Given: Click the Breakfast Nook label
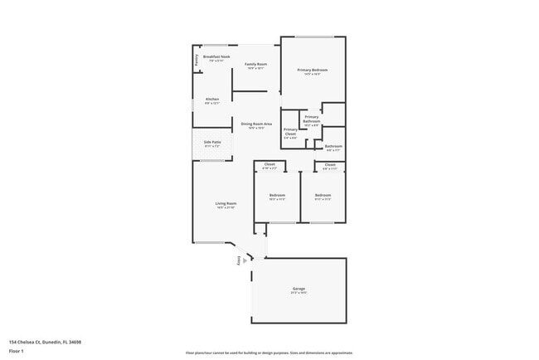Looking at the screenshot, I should click(x=216, y=56).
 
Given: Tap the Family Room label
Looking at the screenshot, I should click(x=255, y=64).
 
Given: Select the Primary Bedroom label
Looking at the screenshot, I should click(x=313, y=70).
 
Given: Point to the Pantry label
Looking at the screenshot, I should click(x=197, y=60).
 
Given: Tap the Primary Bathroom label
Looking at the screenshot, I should click(x=311, y=119).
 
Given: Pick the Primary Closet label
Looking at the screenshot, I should click(x=290, y=131).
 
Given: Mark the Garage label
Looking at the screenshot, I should click(x=299, y=289).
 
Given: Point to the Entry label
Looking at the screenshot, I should click(x=240, y=260).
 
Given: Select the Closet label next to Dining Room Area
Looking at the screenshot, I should click(x=269, y=164).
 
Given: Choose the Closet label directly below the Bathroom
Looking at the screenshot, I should click(x=330, y=164).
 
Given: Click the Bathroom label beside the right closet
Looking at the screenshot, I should click(x=333, y=146).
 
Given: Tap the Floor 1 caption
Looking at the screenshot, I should click(x=17, y=351).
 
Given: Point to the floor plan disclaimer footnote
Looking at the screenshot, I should click(x=269, y=353).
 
